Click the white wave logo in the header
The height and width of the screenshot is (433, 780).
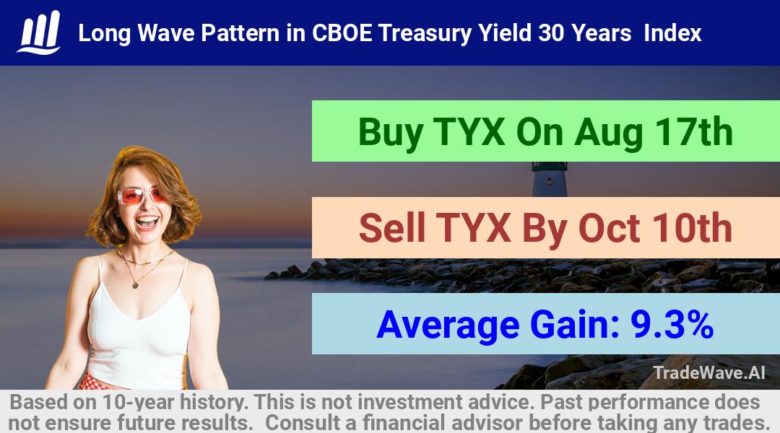(x=39, y=32)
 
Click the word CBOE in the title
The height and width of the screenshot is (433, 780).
(x=342, y=33)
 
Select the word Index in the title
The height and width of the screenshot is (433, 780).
(x=672, y=33)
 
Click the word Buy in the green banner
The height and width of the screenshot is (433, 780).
(x=391, y=132)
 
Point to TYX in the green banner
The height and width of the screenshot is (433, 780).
(x=469, y=132)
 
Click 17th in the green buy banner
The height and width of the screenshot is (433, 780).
(x=693, y=132)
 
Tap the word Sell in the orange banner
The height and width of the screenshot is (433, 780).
(x=392, y=228)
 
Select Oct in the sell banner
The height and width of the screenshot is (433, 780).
(x=609, y=229)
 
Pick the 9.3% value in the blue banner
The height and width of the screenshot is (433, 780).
(x=672, y=325)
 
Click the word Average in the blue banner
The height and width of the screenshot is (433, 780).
(x=448, y=325)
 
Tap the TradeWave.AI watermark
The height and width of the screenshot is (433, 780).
(x=709, y=373)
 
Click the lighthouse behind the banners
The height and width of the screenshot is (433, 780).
(x=550, y=179)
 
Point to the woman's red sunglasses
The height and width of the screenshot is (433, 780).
(x=142, y=196)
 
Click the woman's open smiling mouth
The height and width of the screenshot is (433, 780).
(x=147, y=222)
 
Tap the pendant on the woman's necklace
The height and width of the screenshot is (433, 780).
(x=135, y=285)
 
